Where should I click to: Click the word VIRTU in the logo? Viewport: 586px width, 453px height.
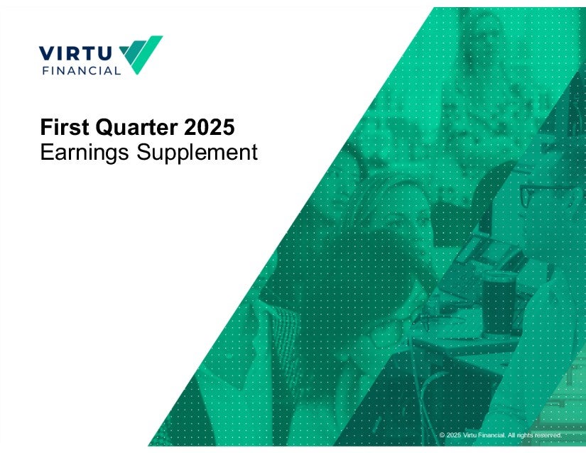tap(75, 53)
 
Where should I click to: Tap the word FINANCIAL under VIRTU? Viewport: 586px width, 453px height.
tap(82, 70)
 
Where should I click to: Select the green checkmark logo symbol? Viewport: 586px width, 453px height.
tap(141, 55)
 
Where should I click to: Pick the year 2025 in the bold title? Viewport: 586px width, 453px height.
tap(210, 127)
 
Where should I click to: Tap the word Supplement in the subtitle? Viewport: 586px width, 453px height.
tap(197, 153)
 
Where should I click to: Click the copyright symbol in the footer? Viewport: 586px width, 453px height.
tap(442, 435)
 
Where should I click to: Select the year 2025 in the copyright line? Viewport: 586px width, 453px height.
tap(454, 435)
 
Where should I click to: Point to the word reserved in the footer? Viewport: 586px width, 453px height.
tap(548, 435)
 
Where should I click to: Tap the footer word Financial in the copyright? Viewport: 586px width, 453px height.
tap(492, 435)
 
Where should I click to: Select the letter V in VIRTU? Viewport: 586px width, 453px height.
tap(46, 53)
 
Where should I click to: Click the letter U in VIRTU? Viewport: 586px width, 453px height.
tap(104, 53)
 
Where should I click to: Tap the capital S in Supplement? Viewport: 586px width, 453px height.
tap(143, 153)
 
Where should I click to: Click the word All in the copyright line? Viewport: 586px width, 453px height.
tap(511, 435)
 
